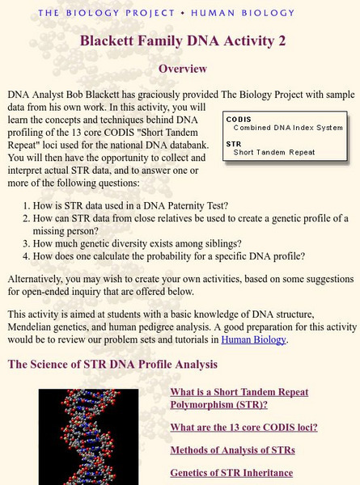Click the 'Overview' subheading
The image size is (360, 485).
pyautogui.click(x=182, y=69)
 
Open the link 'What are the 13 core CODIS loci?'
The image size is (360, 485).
pyautogui.click(x=244, y=427)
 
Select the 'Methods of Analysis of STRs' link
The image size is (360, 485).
pyautogui.click(x=232, y=449)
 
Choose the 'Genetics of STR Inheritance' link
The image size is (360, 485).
pyautogui.click(x=231, y=473)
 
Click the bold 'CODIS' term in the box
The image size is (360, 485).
pyautogui.click(x=239, y=119)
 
